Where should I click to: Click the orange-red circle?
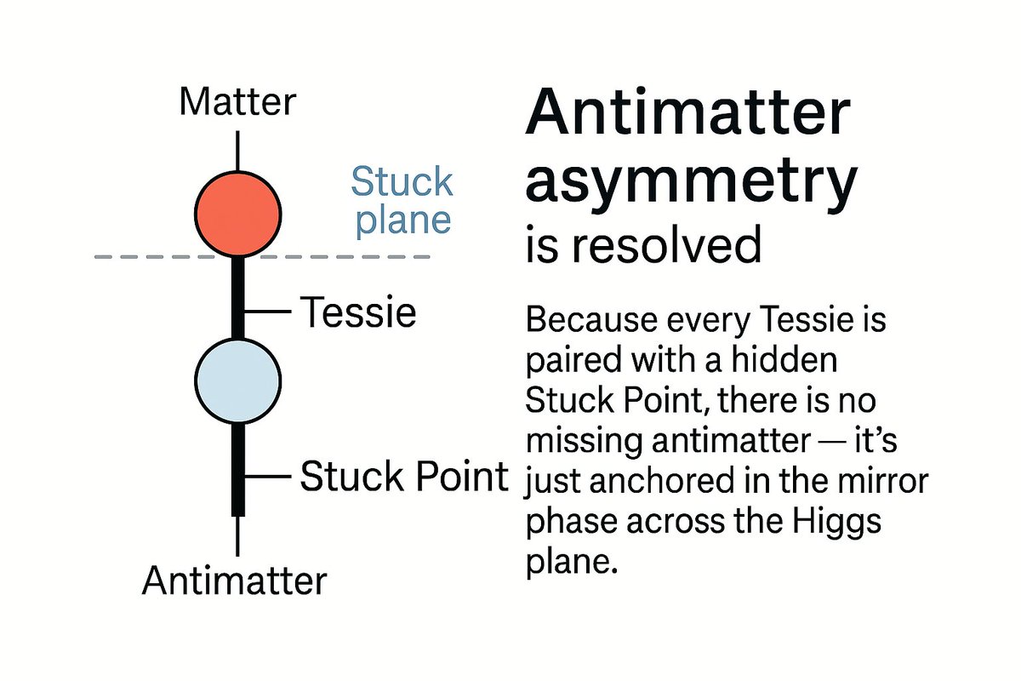(x=237, y=211)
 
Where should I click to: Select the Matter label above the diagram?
(x=237, y=103)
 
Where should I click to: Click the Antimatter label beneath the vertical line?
(x=234, y=581)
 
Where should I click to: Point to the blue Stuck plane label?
(x=402, y=201)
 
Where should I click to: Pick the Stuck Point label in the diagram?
(x=403, y=478)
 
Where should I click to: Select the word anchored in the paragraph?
(x=653, y=483)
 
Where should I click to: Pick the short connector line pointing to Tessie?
(x=269, y=313)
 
